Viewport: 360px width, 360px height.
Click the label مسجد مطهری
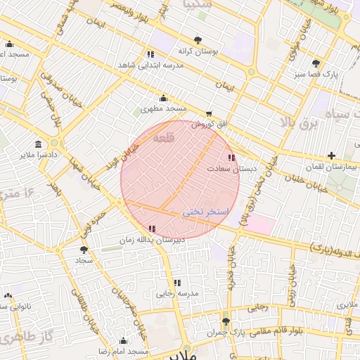tap(163, 109)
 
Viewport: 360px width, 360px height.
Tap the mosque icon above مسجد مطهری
tap(164, 98)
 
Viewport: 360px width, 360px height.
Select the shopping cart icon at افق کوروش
tap(209, 114)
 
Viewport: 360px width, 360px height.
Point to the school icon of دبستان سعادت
tap(231, 157)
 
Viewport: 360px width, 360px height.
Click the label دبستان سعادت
tap(226, 169)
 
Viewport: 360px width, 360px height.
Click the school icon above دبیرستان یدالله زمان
tap(153, 228)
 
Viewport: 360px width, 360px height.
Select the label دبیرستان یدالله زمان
tap(152, 240)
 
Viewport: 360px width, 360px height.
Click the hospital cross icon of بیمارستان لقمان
tap(331, 155)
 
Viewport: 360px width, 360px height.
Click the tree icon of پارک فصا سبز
tap(316, 63)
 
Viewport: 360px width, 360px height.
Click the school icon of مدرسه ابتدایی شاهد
tap(150, 53)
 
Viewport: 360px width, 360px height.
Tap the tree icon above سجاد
tap(84, 249)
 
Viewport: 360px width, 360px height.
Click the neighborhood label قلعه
tap(163, 134)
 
